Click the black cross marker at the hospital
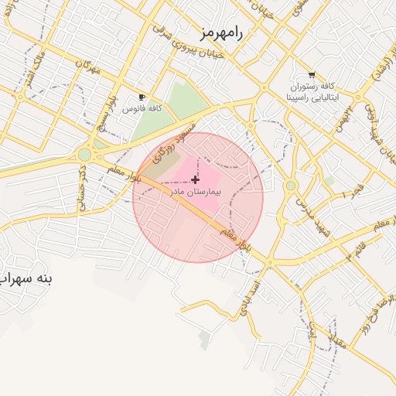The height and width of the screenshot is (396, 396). pos(194,179)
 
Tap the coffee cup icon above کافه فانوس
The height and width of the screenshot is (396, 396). pos(142,97)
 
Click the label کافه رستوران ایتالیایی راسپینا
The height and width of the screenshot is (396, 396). pos(311,92)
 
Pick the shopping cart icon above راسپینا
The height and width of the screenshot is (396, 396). pos(311,76)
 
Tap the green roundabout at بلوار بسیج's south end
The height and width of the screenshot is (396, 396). pos(84,155)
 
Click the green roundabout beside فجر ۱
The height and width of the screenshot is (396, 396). pos(290,186)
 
